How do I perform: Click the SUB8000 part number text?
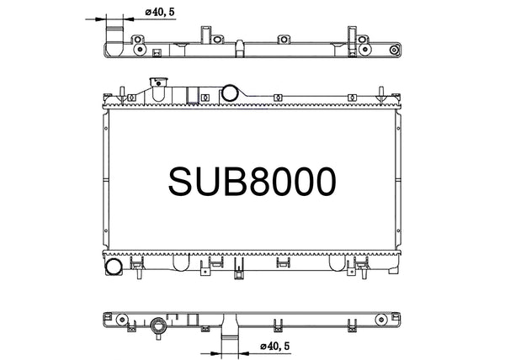252,180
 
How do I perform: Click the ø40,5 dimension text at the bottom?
277,346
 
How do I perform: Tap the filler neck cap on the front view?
155,82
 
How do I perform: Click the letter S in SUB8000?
183,180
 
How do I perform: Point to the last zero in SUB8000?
322,180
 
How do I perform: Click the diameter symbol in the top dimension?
148,13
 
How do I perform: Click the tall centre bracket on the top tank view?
205,37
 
